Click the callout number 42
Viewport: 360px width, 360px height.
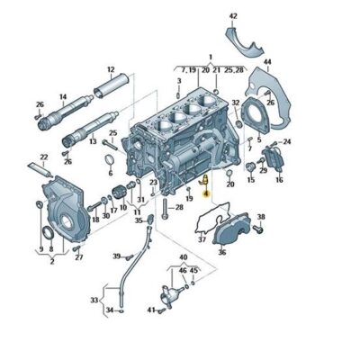233,16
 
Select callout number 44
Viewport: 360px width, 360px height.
266,62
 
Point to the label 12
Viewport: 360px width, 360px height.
111,69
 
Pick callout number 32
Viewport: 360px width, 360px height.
236,103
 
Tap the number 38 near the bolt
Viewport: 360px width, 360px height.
261,217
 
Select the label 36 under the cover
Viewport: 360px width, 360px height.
222,251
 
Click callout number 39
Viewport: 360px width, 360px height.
116,256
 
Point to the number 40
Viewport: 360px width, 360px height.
183,257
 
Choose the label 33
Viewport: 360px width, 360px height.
94,300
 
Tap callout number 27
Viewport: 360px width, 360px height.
78,257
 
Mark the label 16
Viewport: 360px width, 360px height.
279,180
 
